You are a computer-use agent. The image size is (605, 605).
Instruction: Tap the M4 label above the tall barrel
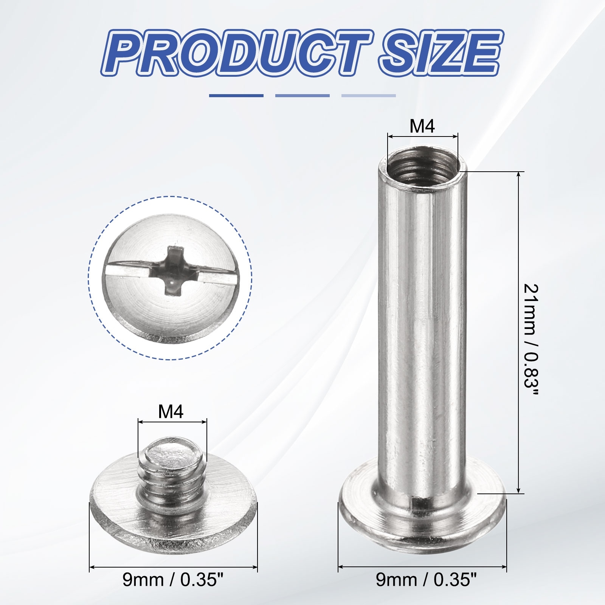pyautogui.click(x=422, y=126)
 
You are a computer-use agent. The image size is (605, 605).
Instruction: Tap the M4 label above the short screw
pyautogui.click(x=171, y=412)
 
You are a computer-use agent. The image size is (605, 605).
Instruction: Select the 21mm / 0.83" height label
pyautogui.click(x=531, y=338)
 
